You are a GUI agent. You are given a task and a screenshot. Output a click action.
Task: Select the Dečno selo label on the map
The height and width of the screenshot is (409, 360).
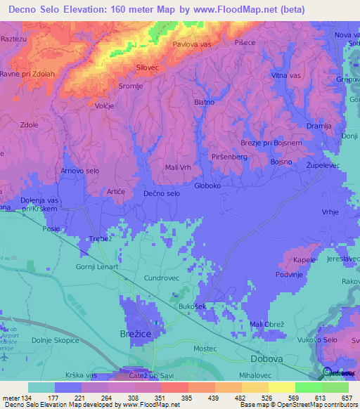tap(162, 193)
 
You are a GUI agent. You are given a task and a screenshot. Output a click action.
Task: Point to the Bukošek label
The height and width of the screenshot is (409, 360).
tap(192, 307)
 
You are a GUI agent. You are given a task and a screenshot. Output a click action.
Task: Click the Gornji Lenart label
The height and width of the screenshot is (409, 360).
tap(97, 267)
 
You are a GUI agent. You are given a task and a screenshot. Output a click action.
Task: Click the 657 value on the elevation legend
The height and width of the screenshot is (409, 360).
tap(345, 397)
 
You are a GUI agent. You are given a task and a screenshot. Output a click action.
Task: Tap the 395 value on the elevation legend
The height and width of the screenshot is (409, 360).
tap(187, 397)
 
